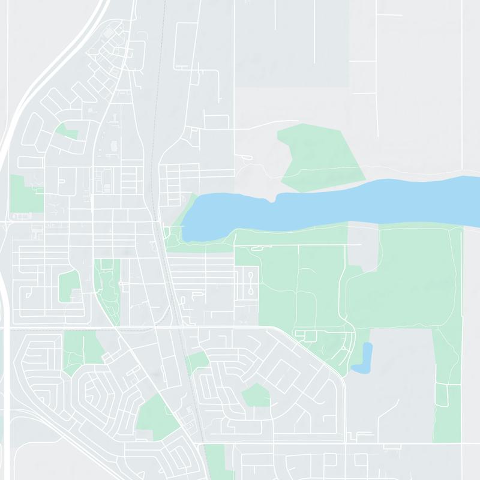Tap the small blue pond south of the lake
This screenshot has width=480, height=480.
pyautogui.click(x=364, y=358)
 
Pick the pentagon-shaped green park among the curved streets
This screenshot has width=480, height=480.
pyautogui.click(x=256, y=395)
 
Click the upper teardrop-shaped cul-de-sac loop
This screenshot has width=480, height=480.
pyautogui.click(x=251, y=277)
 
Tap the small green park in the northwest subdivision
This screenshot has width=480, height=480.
pyautogui.click(x=66, y=131)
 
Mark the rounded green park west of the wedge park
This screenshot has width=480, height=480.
pyautogui.click(x=68, y=287)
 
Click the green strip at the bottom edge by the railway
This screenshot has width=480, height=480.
pyautogui.click(x=215, y=462)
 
